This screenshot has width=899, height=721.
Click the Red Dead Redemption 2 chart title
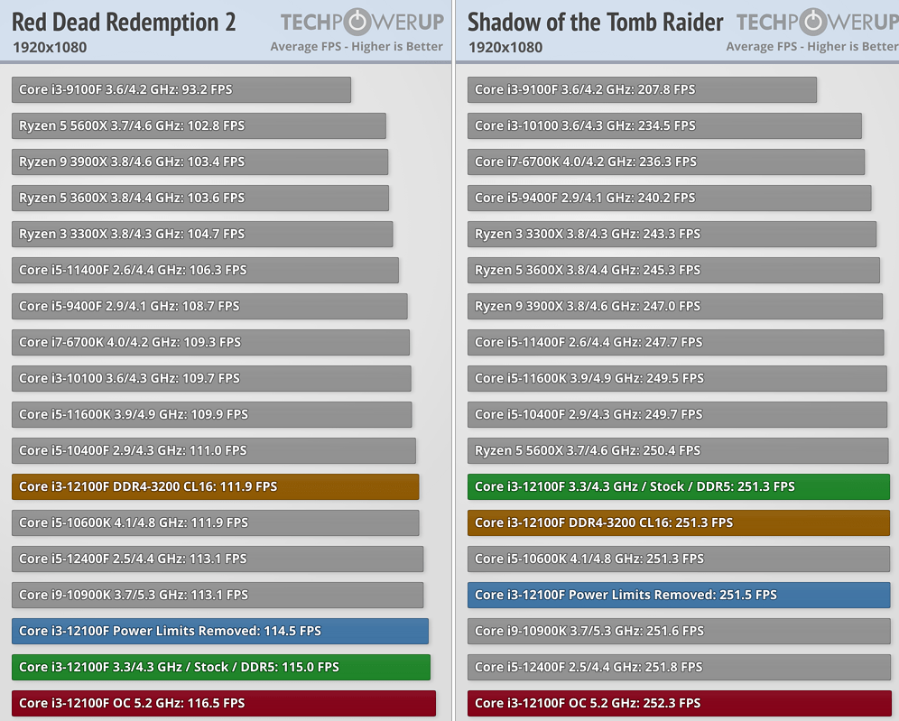124,23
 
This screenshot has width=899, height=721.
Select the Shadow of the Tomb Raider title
595,23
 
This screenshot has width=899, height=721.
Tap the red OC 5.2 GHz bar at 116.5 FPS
224,703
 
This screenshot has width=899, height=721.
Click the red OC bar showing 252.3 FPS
679,703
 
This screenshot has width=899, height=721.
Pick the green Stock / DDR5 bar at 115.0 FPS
221,667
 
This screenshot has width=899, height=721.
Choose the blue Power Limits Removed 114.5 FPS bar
220,631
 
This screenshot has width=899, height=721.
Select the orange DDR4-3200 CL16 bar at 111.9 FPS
216,486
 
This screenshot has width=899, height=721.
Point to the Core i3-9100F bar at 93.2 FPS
181,89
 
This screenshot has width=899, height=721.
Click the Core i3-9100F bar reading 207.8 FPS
642,89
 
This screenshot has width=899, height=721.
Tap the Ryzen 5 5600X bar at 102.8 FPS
199,125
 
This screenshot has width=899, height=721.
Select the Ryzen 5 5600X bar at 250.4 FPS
678,450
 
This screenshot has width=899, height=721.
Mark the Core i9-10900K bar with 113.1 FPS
218,595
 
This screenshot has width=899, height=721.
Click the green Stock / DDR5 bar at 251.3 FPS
679,486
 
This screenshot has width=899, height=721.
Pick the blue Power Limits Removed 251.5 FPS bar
679,595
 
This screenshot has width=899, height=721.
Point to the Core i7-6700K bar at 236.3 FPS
666,162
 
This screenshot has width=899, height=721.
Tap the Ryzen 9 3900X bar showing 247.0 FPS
675,306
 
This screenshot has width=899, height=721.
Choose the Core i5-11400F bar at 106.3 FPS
206,270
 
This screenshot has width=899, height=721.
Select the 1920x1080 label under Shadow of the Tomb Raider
505,47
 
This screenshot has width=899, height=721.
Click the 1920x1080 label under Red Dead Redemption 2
50,47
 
